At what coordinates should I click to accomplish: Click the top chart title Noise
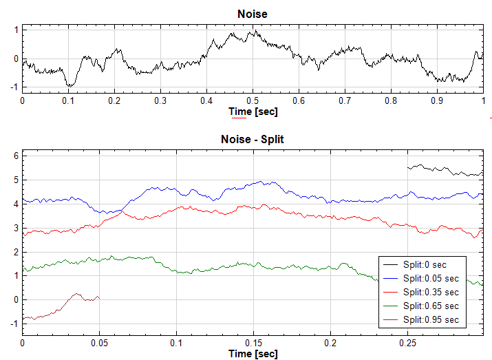[x=252, y=14]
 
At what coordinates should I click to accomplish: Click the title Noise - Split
[x=252, y=139]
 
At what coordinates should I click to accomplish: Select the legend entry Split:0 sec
[x=431, y=264]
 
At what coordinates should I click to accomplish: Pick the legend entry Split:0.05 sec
[x=431, y=278]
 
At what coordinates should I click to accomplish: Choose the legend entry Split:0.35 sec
[x=431, y=292]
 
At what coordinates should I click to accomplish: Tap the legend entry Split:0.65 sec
[x=431, y=306]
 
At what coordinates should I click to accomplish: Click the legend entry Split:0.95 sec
[x=431, y=320]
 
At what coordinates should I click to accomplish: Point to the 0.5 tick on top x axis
[x=253, y=100]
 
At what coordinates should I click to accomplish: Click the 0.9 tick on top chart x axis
[x=437, y=100]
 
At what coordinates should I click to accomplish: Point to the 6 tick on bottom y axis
[x=16, y=156]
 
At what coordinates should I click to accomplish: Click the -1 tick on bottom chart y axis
[x=14, y=324]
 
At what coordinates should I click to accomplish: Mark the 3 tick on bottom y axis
[x=16, y=228]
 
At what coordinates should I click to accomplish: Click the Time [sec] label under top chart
[x=252, y=111]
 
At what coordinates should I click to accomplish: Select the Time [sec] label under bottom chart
[x=252, y=354]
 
